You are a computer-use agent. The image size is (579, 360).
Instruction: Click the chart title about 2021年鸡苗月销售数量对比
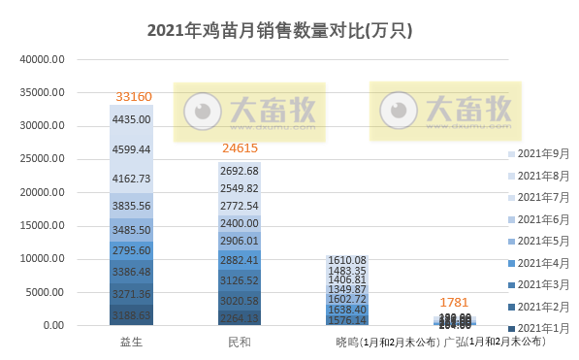point(279,30)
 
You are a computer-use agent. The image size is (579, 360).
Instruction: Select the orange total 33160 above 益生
point(132,97)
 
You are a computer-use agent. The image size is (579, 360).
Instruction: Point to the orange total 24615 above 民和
point(240,148)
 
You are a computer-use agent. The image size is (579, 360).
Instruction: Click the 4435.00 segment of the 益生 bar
point(132,119)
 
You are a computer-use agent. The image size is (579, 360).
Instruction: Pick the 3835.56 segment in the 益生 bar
point(132,206)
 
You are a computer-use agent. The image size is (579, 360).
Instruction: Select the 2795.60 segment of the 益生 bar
point(132,251)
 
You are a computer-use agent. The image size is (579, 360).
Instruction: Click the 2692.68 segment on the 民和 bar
point(240,171)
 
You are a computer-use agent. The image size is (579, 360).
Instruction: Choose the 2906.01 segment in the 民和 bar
point(240,240)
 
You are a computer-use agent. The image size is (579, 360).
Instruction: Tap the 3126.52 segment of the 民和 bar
point(240,280)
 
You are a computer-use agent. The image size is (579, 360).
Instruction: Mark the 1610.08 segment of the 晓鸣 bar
point(347,260)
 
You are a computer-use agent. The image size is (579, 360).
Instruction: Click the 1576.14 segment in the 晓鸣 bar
point(347,319)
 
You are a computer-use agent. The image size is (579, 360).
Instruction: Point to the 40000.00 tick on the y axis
point(43,59)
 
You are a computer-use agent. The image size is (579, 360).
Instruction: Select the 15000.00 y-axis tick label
point(43,225)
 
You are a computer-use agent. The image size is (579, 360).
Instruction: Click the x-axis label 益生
point(132,342)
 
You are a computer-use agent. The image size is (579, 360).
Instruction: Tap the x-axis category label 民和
point(240,342)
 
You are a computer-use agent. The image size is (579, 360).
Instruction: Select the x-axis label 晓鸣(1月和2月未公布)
point(384,342)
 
